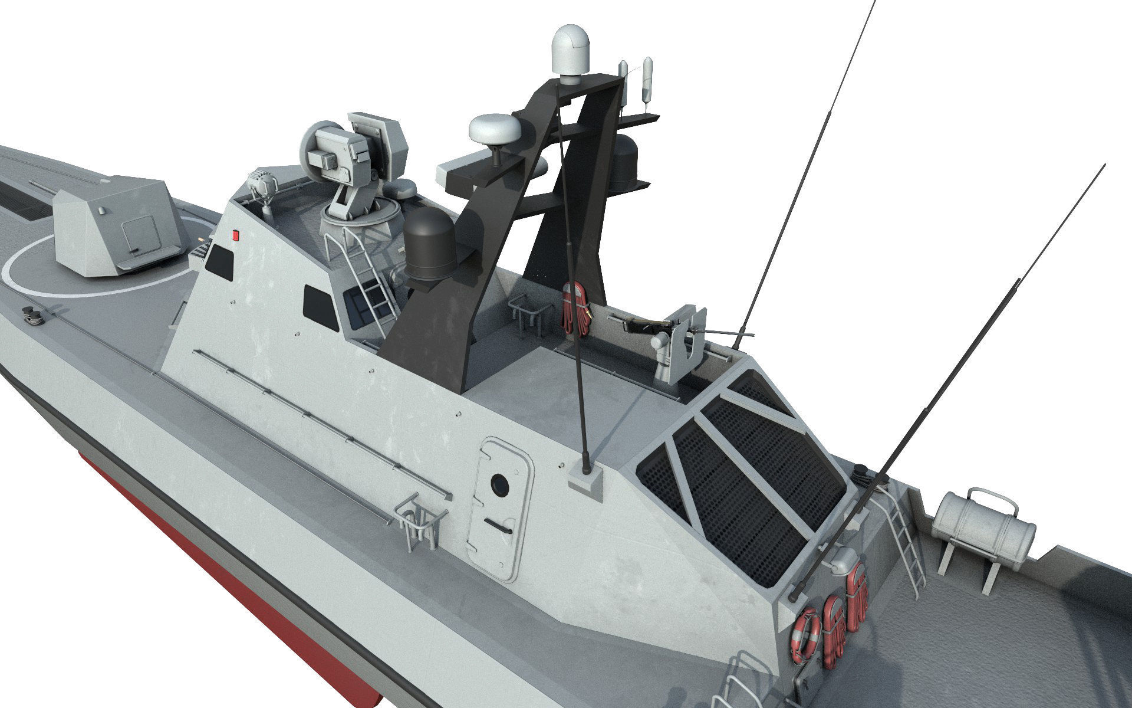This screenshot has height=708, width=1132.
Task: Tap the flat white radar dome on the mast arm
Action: [x=495, y=127]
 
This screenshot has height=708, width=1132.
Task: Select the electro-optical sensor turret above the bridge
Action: [x=354, y=153]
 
